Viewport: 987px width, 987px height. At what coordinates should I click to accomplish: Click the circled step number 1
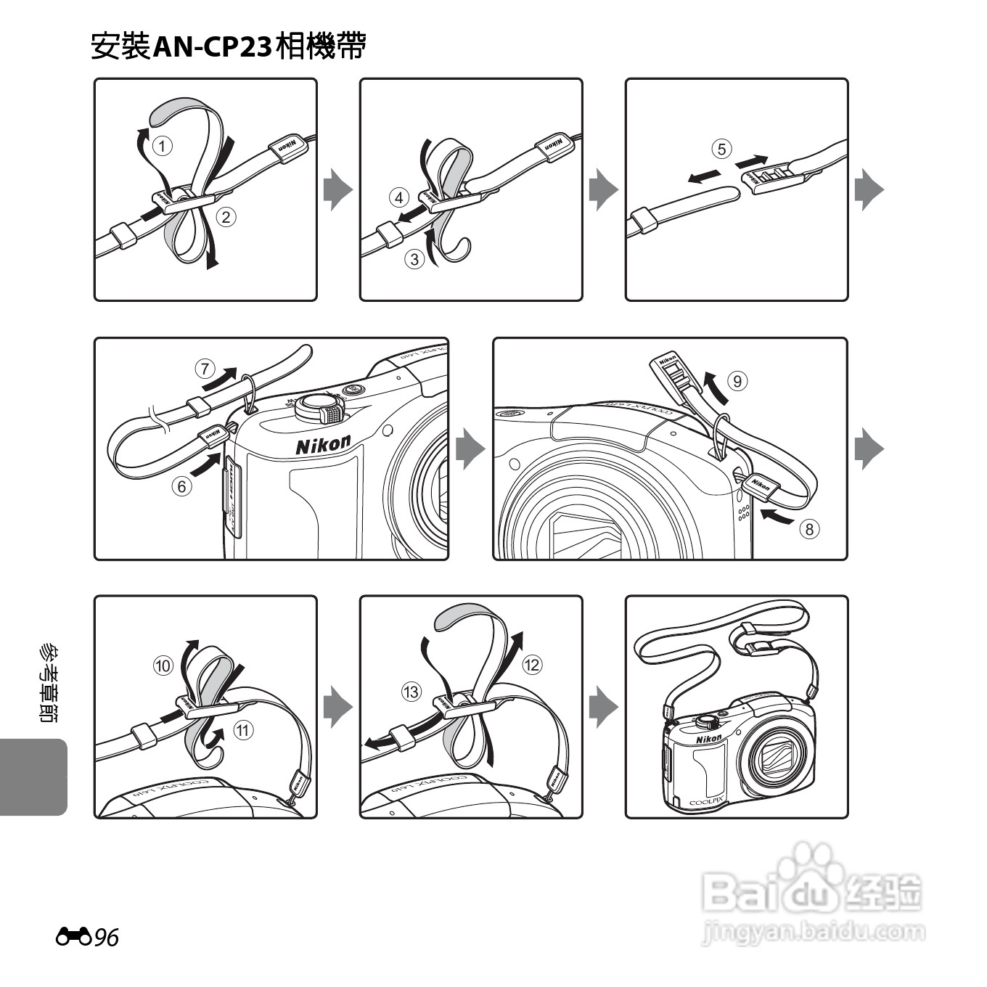163,146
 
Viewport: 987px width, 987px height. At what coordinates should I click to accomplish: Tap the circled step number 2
226,216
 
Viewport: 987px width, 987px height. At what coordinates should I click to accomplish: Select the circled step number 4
399,197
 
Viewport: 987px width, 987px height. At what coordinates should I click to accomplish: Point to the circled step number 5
721,149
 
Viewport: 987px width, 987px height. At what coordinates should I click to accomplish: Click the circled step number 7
205,369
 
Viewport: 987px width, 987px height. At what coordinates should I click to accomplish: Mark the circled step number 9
737,380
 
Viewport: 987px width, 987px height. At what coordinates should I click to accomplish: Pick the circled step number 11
243,730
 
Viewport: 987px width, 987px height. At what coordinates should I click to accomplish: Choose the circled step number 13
411,692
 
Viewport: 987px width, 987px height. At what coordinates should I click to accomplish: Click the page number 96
106,938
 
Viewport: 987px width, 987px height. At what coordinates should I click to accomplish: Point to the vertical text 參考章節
49,682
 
